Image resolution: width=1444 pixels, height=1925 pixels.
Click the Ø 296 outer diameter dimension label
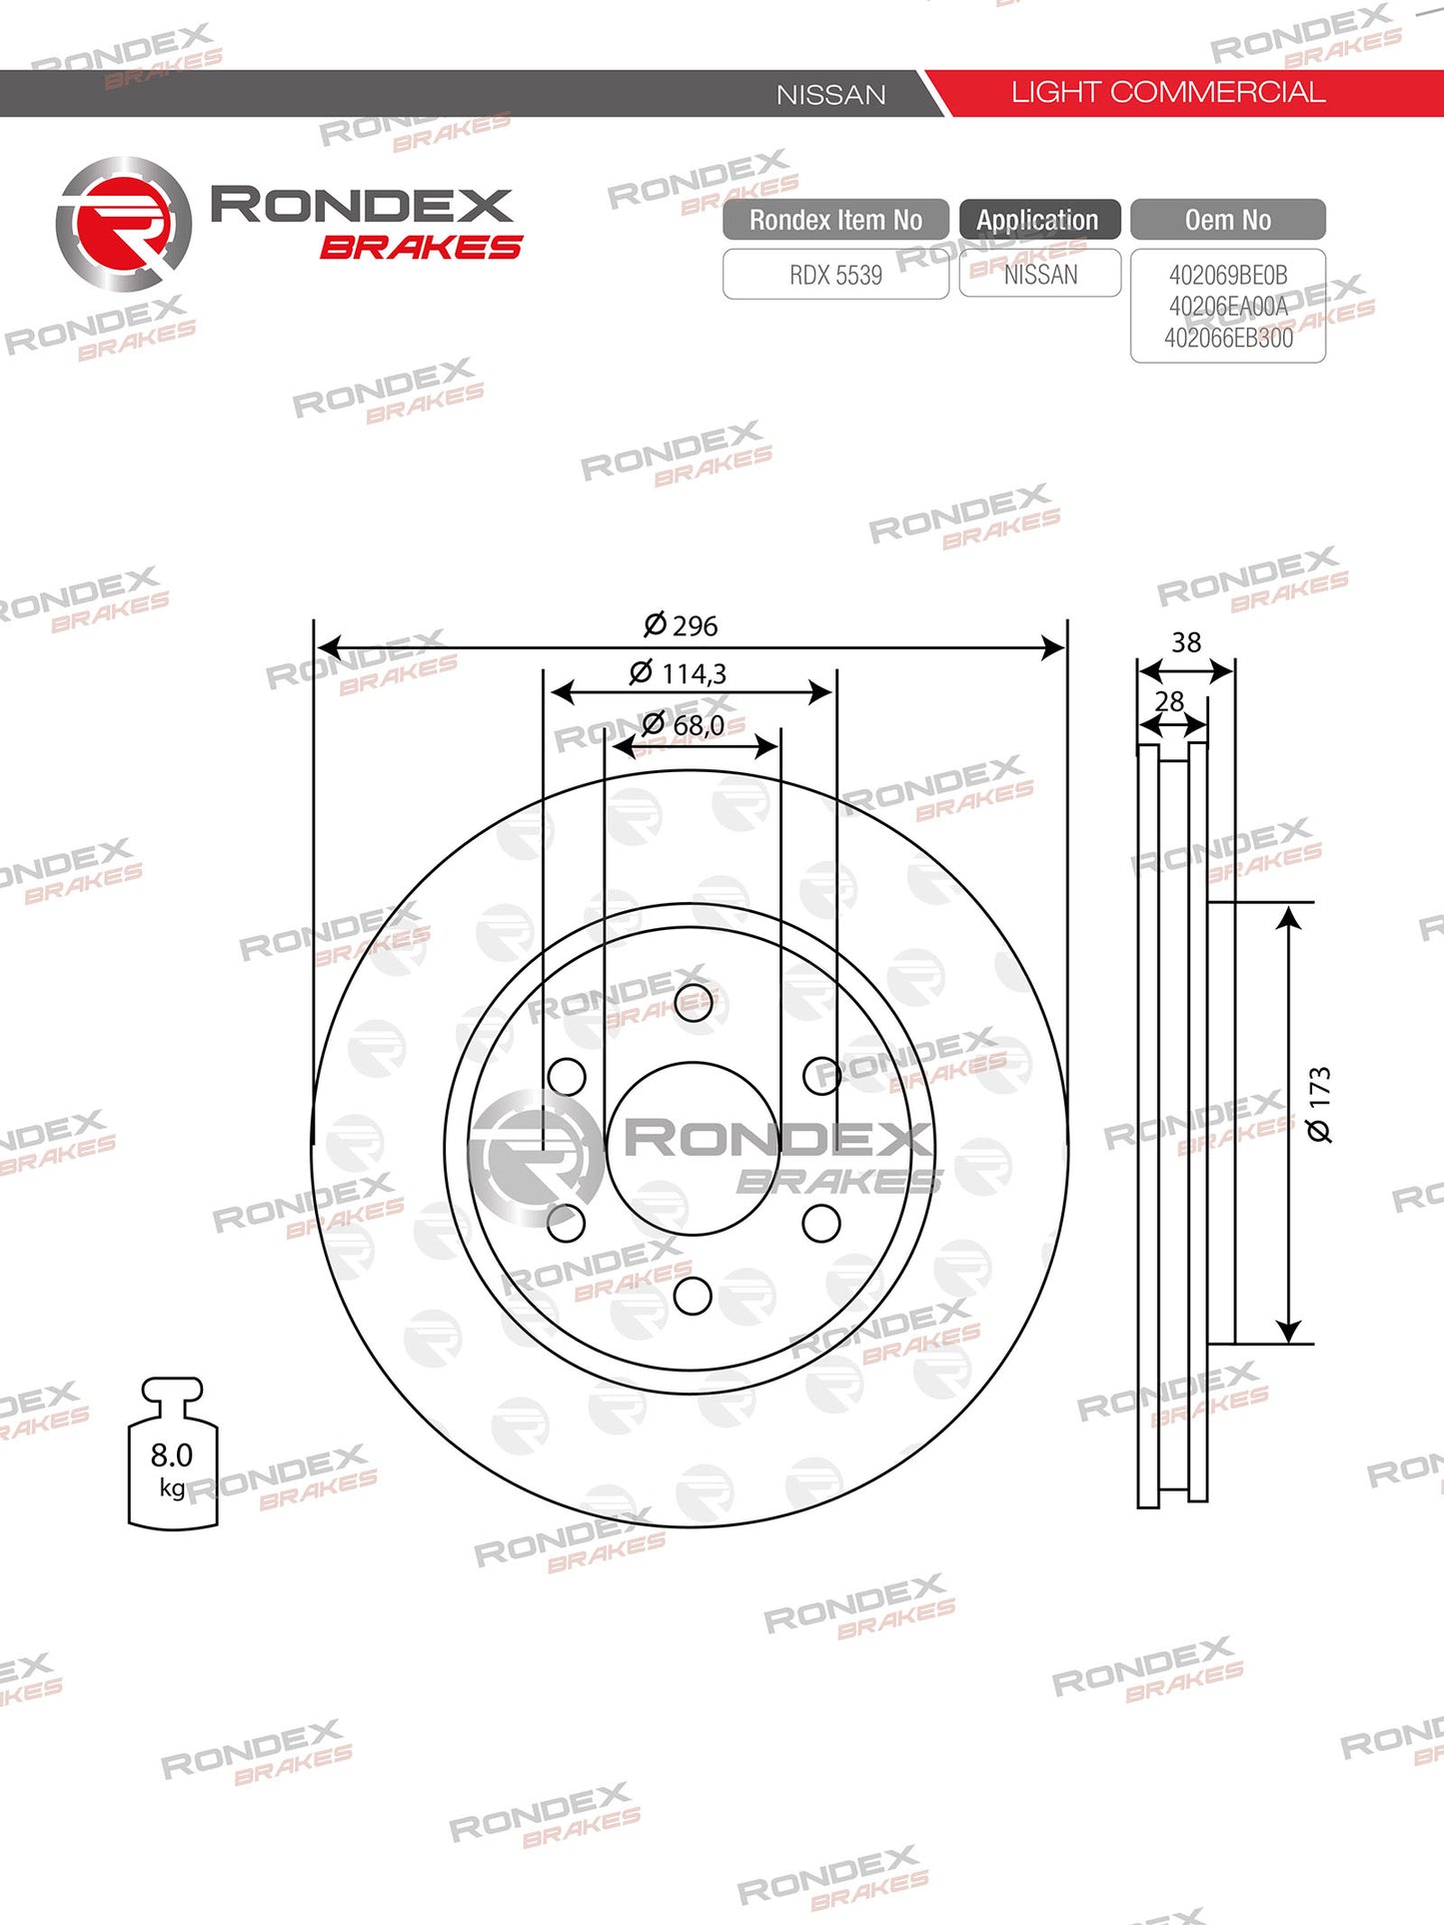(682, 625)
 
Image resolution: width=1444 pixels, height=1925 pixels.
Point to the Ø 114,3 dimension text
(679, 673)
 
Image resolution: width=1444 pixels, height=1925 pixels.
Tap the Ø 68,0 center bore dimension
(684, 724)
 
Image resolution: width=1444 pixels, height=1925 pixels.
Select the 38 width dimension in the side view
(1186, 642)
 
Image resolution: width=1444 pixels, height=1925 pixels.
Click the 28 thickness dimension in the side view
(1169, 702)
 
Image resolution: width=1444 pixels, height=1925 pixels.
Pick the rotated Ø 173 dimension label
(1319, 1104)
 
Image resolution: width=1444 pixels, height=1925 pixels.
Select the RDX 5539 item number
(835, 275)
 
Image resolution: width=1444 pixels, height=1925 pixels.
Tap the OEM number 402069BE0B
(1228, 275)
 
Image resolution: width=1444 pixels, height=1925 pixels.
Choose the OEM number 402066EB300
(1228, 338)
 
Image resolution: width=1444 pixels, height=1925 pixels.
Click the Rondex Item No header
(835, 220)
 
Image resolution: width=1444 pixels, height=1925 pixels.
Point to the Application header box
(1038, 220)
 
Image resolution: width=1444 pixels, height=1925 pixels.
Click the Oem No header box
(1228, 220)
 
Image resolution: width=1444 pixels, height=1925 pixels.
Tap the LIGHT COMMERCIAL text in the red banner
(1167, 93)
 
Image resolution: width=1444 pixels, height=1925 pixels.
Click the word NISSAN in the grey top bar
(831, 95)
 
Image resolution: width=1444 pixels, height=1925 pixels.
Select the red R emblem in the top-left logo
(123, 224)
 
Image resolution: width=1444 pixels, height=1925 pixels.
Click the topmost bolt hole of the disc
(694, 1002)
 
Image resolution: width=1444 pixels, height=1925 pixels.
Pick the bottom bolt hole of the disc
(693, 1296)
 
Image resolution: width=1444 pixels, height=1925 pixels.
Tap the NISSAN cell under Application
(1040, 275)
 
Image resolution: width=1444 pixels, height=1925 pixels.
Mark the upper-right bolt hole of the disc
(821, 1076)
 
